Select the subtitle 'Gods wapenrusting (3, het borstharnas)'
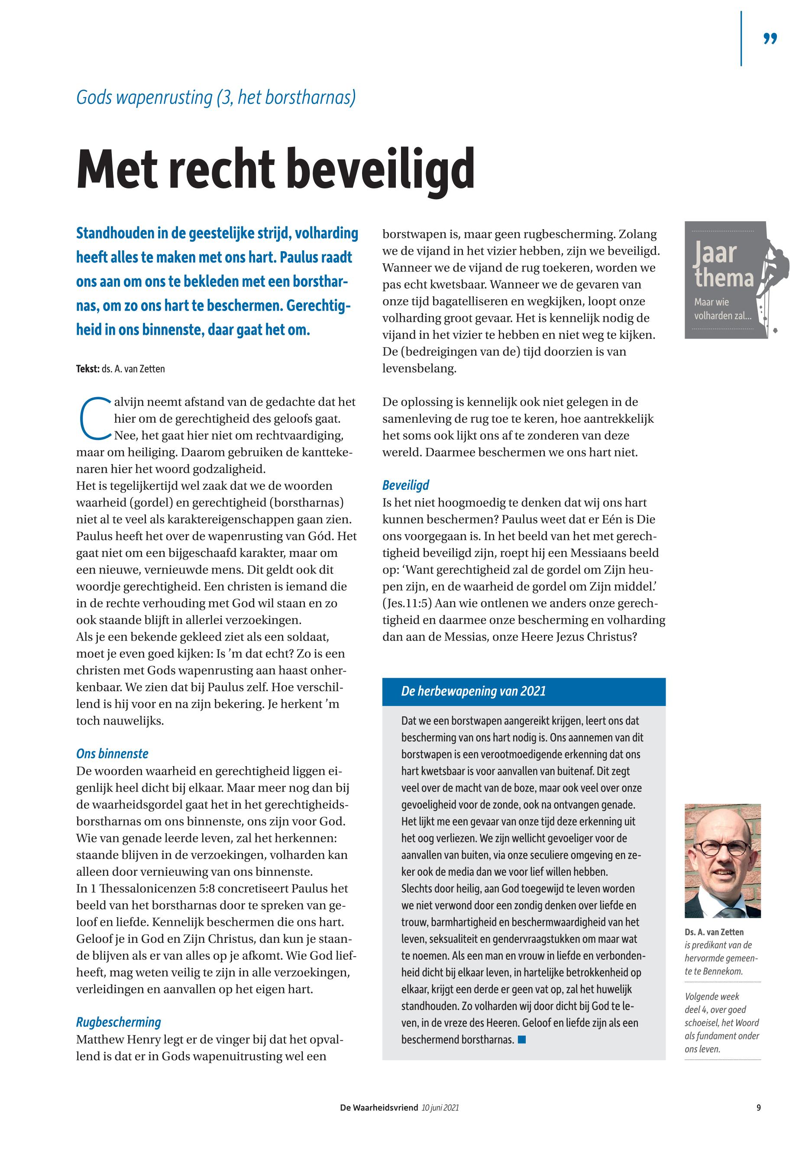pyautogui.click(x=216, y=97)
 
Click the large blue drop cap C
pyautogui.click(x=93, y=417)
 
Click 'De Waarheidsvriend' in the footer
pyautogui.click(x=378, y=1108)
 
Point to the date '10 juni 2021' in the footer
pyautogui.click(x=440, y=1108)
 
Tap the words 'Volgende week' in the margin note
pyautogui.click(x=712, y=997)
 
